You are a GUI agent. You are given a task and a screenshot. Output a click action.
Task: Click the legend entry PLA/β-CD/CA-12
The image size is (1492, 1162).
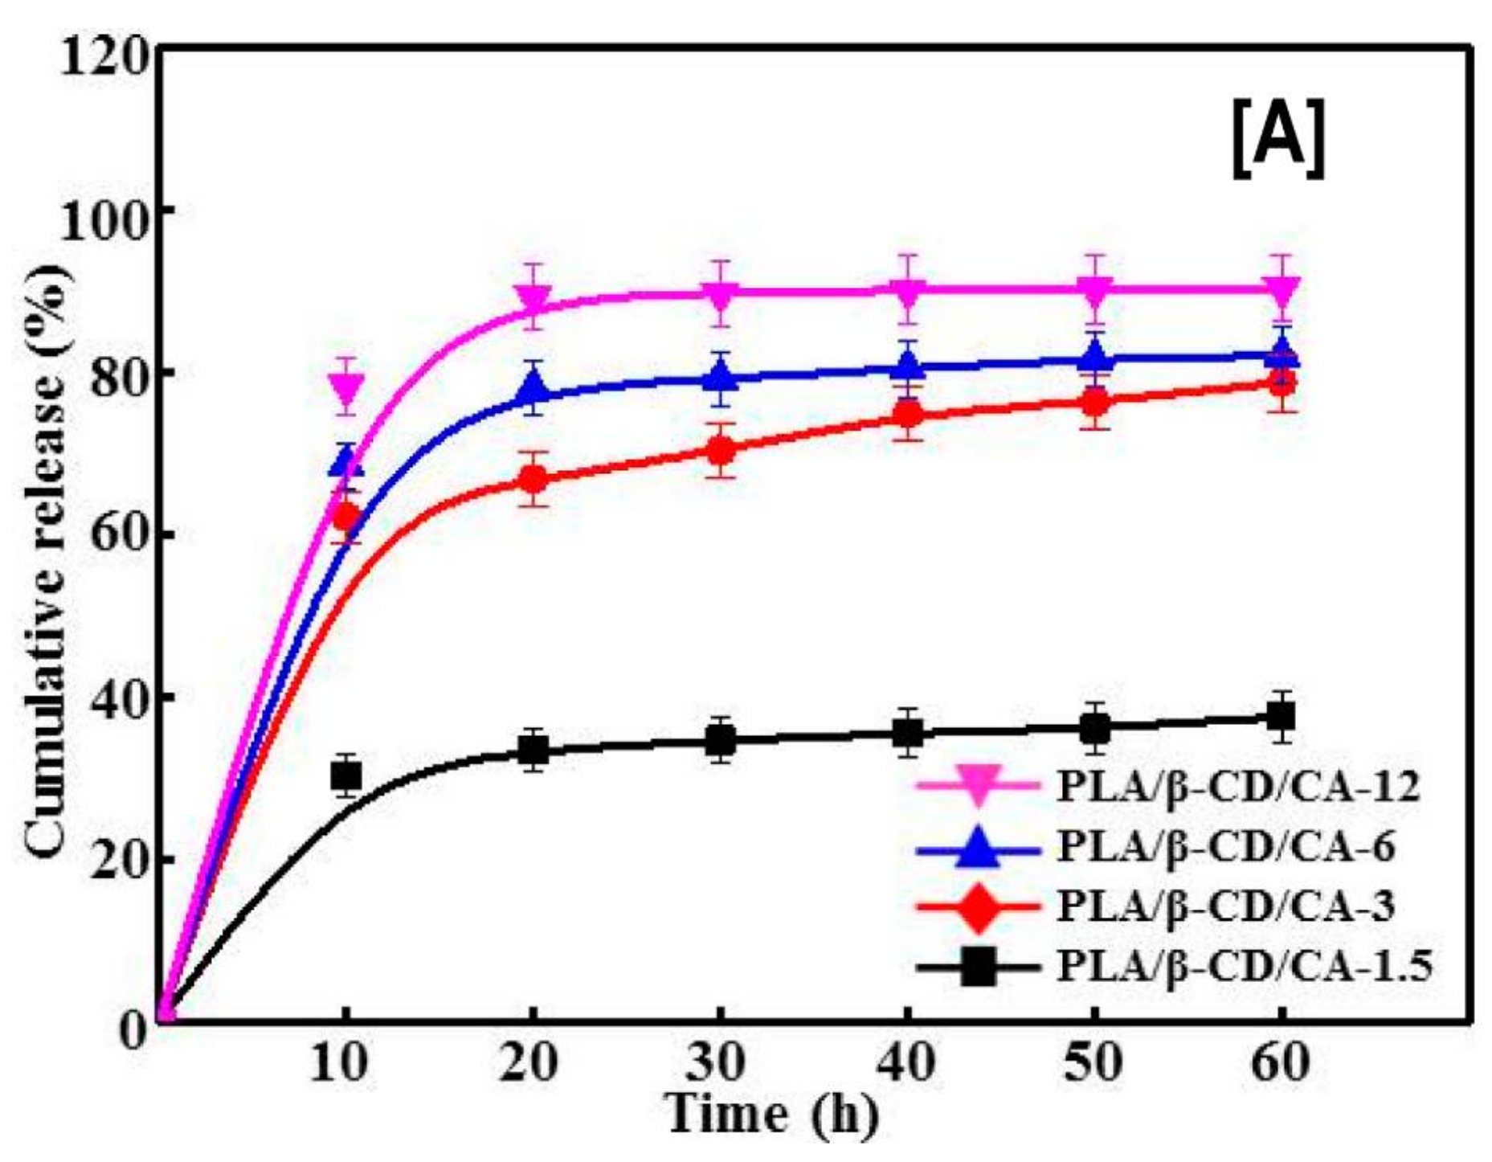[1238, 786]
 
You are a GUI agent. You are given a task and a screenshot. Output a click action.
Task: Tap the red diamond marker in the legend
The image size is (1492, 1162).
[978, 906]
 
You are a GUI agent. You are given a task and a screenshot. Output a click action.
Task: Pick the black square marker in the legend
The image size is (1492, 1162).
[978, 966]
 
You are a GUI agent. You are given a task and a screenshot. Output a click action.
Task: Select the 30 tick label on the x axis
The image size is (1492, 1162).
[720, 1062]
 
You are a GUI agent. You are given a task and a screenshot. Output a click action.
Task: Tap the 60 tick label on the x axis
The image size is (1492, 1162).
[1281, 1062]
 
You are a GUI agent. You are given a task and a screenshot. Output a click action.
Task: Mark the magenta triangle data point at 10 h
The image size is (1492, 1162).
[346, 388]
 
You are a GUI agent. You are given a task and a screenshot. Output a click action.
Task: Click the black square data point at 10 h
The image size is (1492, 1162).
[346, 775]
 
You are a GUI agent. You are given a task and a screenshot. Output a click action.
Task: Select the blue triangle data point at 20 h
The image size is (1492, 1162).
[533, 389]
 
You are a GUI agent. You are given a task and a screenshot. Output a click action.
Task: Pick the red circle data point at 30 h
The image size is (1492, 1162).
[721, 450]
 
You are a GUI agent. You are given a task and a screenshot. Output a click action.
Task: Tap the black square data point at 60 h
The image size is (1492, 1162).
[1281, 716]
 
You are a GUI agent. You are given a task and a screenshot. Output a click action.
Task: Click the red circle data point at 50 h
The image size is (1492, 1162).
[1094, 403]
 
